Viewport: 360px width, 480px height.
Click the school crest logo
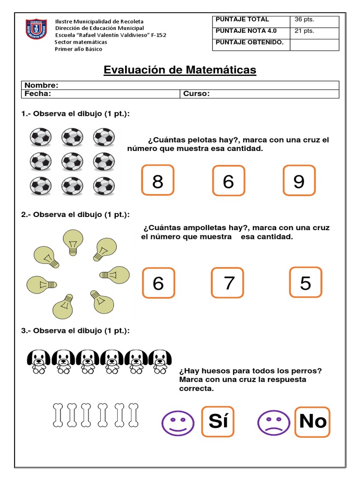coord(36,30)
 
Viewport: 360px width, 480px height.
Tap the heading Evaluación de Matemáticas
coord(180,70)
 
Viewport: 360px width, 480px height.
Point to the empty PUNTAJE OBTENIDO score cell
coord(314,45)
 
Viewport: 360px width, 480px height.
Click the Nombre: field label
coord(41,85)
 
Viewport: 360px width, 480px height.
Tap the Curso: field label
coord(196,94)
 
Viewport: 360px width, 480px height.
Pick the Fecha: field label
coord(37,94)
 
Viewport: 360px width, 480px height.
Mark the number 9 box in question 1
coord(299,180)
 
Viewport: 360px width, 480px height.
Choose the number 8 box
coord(157,180)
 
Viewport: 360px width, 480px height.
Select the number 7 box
coord(228,283)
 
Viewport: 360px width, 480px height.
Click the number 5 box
coord(305,283)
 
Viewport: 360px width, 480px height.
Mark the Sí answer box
coord(218,421)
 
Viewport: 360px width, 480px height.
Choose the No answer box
coord(312,421)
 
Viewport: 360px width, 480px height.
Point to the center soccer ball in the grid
coord(73,162)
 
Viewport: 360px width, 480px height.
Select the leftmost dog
coord(38,361)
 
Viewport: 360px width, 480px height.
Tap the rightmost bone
coord(133,415)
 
